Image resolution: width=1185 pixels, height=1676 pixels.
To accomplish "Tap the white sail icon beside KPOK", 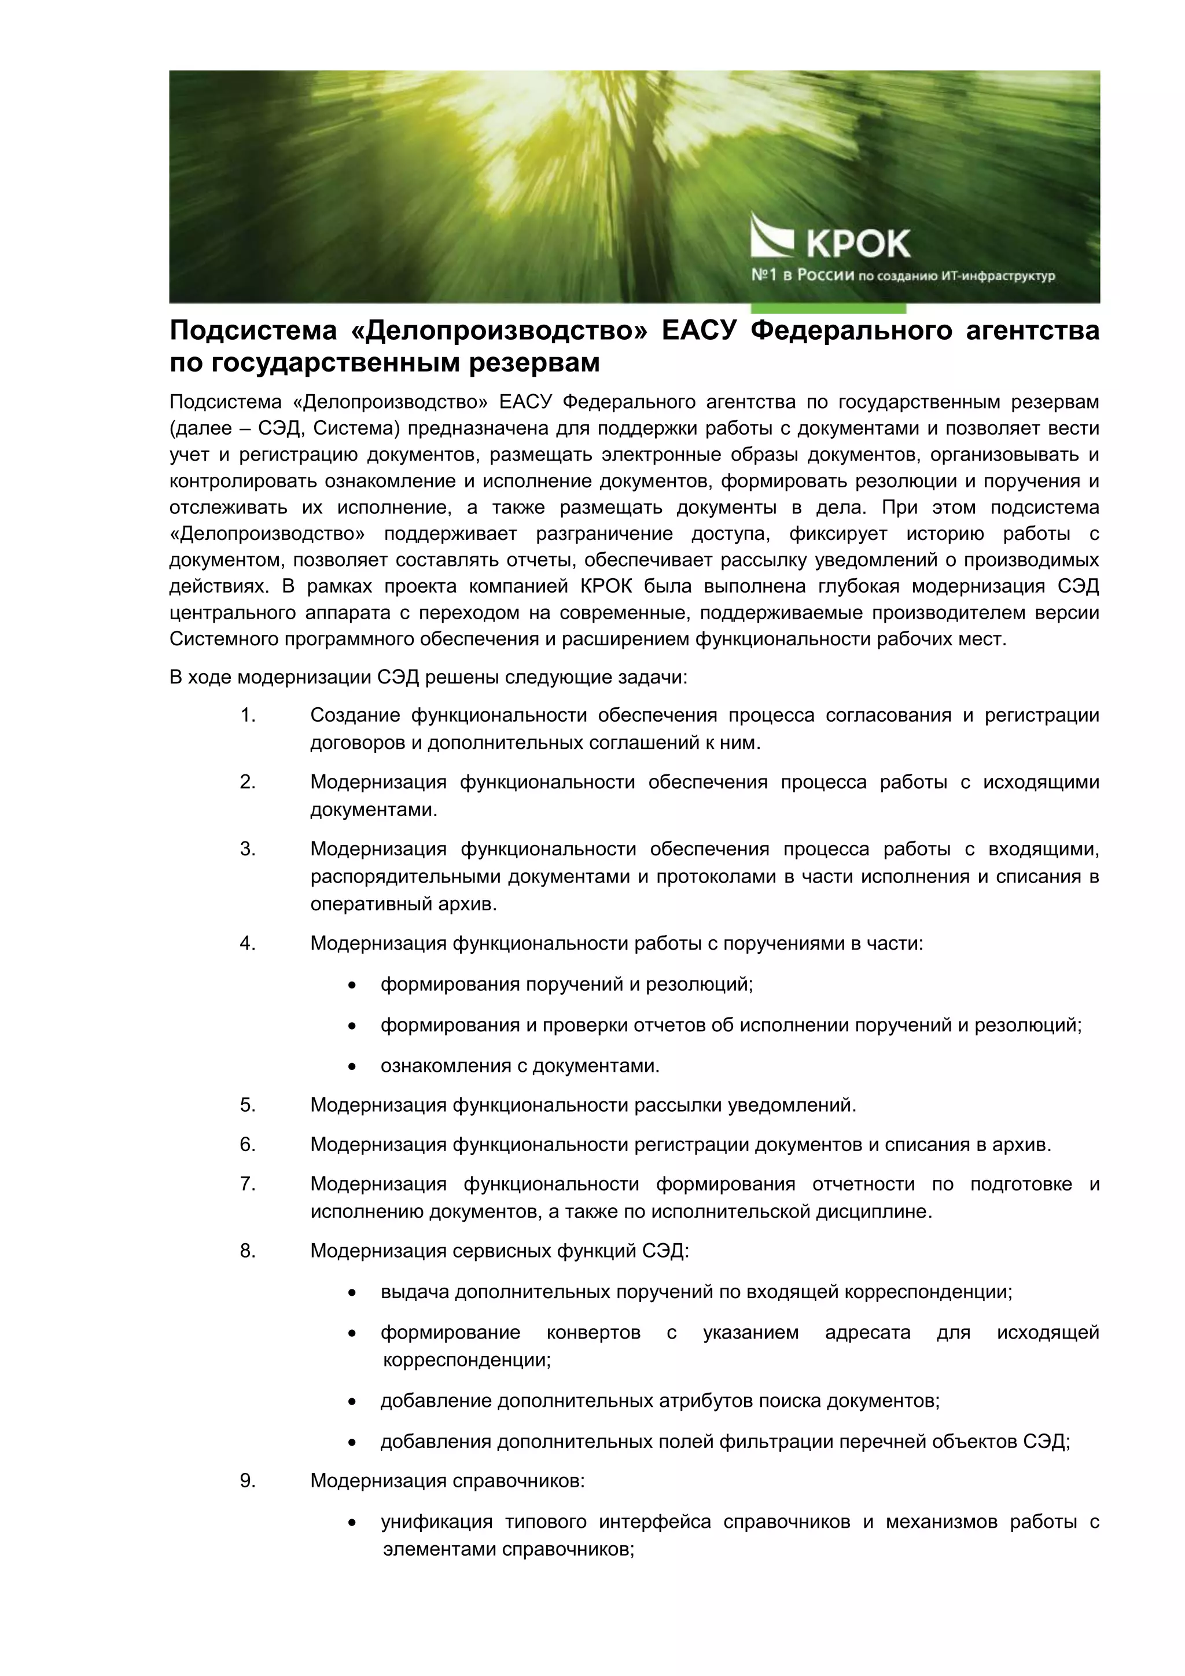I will coord(772,235).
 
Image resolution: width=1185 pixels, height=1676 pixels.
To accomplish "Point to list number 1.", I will coord(248,715).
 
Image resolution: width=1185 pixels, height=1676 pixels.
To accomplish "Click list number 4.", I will coord(248,943).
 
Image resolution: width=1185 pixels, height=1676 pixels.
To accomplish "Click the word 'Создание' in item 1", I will coord(355,715).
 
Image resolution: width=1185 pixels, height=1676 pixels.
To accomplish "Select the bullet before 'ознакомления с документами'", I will coord(352,1067).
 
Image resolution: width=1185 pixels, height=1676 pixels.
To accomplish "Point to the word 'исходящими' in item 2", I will coord(1040,782).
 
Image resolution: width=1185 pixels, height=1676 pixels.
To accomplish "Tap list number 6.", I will coord(248,1145).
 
